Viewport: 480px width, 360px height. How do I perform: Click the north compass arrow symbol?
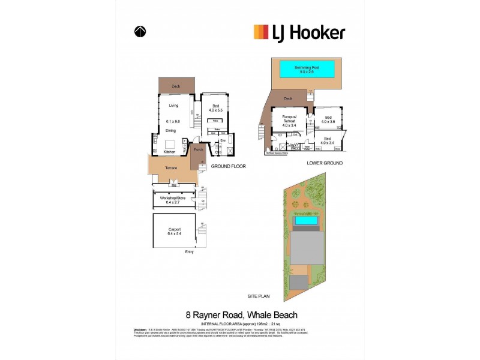(140, 32)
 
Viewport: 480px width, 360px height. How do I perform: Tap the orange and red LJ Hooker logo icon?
(260, 32)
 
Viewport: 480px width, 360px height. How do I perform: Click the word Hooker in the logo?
(317, 32)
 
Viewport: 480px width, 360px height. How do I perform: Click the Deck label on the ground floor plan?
(176, 86)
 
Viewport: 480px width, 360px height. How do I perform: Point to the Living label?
(173, 106)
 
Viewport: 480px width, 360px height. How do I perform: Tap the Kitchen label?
(170, 152)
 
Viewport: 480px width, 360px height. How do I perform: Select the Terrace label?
(171, 168)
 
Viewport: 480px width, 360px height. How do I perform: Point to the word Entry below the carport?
(190, 252)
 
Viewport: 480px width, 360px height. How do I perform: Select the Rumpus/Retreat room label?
(286, 118)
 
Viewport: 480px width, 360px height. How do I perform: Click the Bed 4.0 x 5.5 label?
(215, 107)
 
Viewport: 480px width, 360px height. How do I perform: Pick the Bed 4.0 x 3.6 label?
(328, 119)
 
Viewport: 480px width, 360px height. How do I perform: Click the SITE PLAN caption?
(259, 296)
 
